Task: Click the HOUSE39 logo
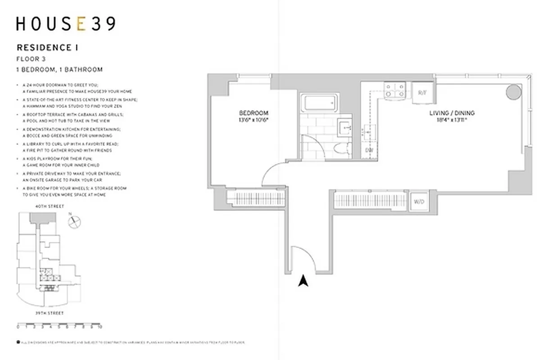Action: pyautogui.click(x=66, y=24)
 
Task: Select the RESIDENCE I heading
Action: pyautogui.click(x=44, y=47)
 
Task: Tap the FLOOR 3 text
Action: pyautogui.click(x=31, y=58)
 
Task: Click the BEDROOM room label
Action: pyautogui.click(x=254, y=113)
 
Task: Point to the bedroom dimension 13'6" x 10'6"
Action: pyautogui.click(x=254, y=120)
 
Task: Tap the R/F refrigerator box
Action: pyautogui.click(x=422, y=93)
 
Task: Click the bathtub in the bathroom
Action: pyautogui.click(x=320, y=103)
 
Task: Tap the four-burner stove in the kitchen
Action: pyautogui.click(x=394, y=90)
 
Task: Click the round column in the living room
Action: pyautogui.click(x=513, y=92)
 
